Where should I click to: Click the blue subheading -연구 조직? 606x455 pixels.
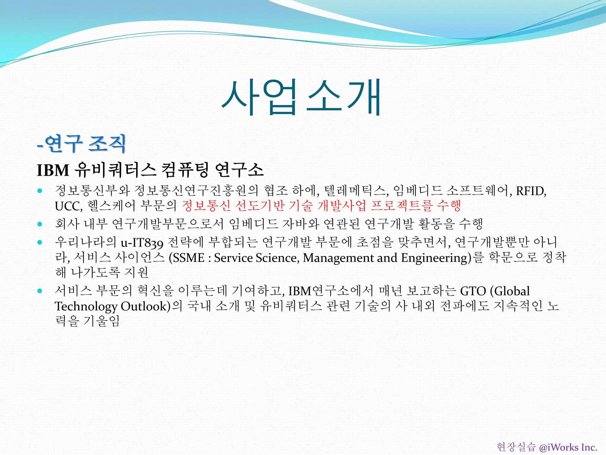tap(82, 144)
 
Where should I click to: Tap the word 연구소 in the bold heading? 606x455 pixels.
tap(239, 170)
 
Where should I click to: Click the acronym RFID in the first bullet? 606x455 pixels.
tap(531, 191)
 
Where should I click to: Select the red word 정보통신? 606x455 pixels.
tap(206, 206)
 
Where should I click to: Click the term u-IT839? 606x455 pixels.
tap(142, 243)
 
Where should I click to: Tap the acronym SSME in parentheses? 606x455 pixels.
tap(188, 258)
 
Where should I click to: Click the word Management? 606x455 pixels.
tap(339, 258)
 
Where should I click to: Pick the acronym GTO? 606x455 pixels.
tap(473, 291)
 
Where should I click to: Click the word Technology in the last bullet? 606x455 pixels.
tap(86, 306)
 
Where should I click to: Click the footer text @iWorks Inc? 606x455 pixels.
tap(568, 447)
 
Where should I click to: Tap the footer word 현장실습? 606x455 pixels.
tap(516, 447)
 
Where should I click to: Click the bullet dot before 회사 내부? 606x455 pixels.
tap(40, 224)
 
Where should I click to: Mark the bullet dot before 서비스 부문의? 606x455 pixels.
tap(40, 291)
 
